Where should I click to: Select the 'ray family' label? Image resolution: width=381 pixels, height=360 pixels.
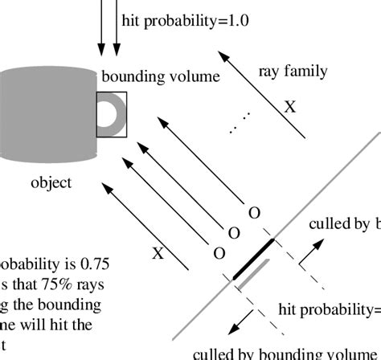293,71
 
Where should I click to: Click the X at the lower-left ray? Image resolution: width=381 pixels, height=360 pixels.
158,253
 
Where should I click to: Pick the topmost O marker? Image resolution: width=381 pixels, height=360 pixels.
254,213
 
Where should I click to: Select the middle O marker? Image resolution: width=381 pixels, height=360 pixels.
235,233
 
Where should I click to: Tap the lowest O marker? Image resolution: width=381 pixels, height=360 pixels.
216,253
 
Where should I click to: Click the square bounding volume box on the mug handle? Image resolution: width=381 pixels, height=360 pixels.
111,112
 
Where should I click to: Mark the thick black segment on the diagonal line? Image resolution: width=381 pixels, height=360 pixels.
253,259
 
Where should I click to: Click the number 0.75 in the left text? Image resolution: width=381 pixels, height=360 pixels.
104,264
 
